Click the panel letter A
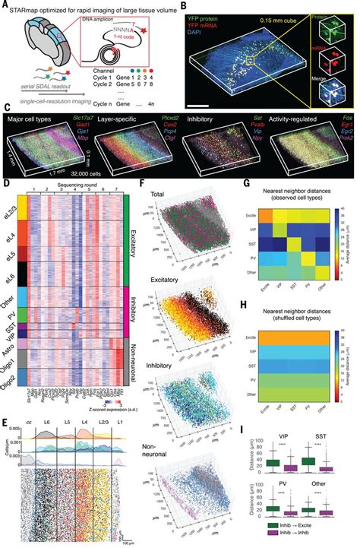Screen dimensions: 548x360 click(x=5, y=5)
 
